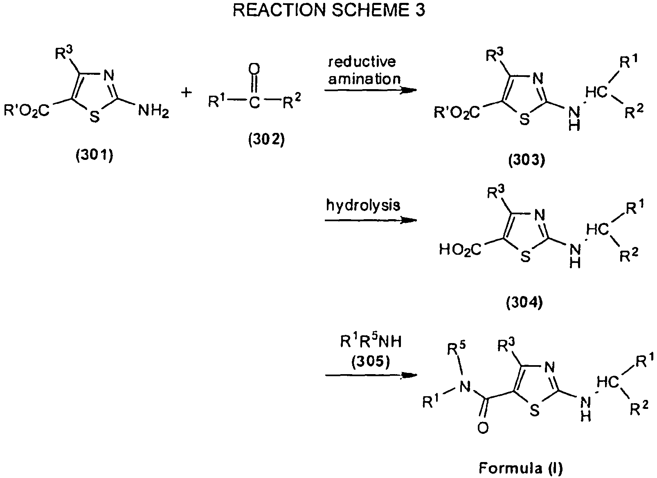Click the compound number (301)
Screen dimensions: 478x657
click(94, 156)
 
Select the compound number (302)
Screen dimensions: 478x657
click(266, 140)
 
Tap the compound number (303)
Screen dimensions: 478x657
click(526, 161)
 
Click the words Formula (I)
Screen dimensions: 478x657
click(521, 468)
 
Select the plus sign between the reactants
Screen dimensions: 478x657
click(186, 93)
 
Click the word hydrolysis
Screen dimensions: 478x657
click(363, 205)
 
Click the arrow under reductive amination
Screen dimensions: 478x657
click(370, 91)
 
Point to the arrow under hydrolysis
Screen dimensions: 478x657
click(370, 220)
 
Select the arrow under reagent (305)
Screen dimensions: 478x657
click(370, 375)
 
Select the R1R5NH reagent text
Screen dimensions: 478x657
click(371, 342)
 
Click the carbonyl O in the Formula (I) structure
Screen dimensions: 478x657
click(483, 428)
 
